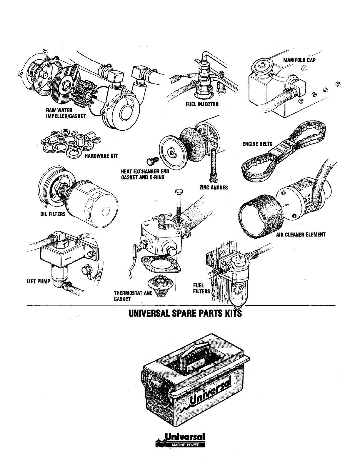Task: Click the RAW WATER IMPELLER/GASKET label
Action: click(66, 113)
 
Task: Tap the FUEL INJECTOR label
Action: click(202, 104)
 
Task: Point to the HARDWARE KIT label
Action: click(101, 156)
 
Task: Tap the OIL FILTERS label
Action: click(53, 214)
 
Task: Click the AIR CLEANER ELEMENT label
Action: click(301, 235)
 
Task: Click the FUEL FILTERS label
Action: click(201, 288)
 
